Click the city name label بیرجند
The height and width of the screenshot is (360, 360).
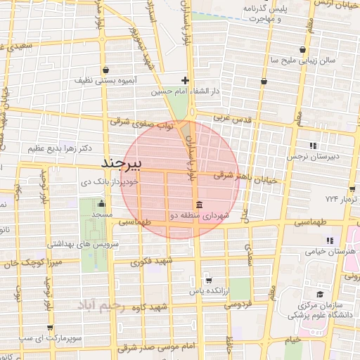coord(122,163)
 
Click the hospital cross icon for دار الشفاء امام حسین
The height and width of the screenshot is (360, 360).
coord(185,80)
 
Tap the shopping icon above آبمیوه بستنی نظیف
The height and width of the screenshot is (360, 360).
coord(106,70)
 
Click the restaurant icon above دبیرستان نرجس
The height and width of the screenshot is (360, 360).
coord(313,143)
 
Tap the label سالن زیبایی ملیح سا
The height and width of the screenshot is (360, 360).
coord(303,60)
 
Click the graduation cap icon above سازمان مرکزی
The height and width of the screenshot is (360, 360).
coord(321,294)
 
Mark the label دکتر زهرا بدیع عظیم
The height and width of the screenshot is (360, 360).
coord(58,148)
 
